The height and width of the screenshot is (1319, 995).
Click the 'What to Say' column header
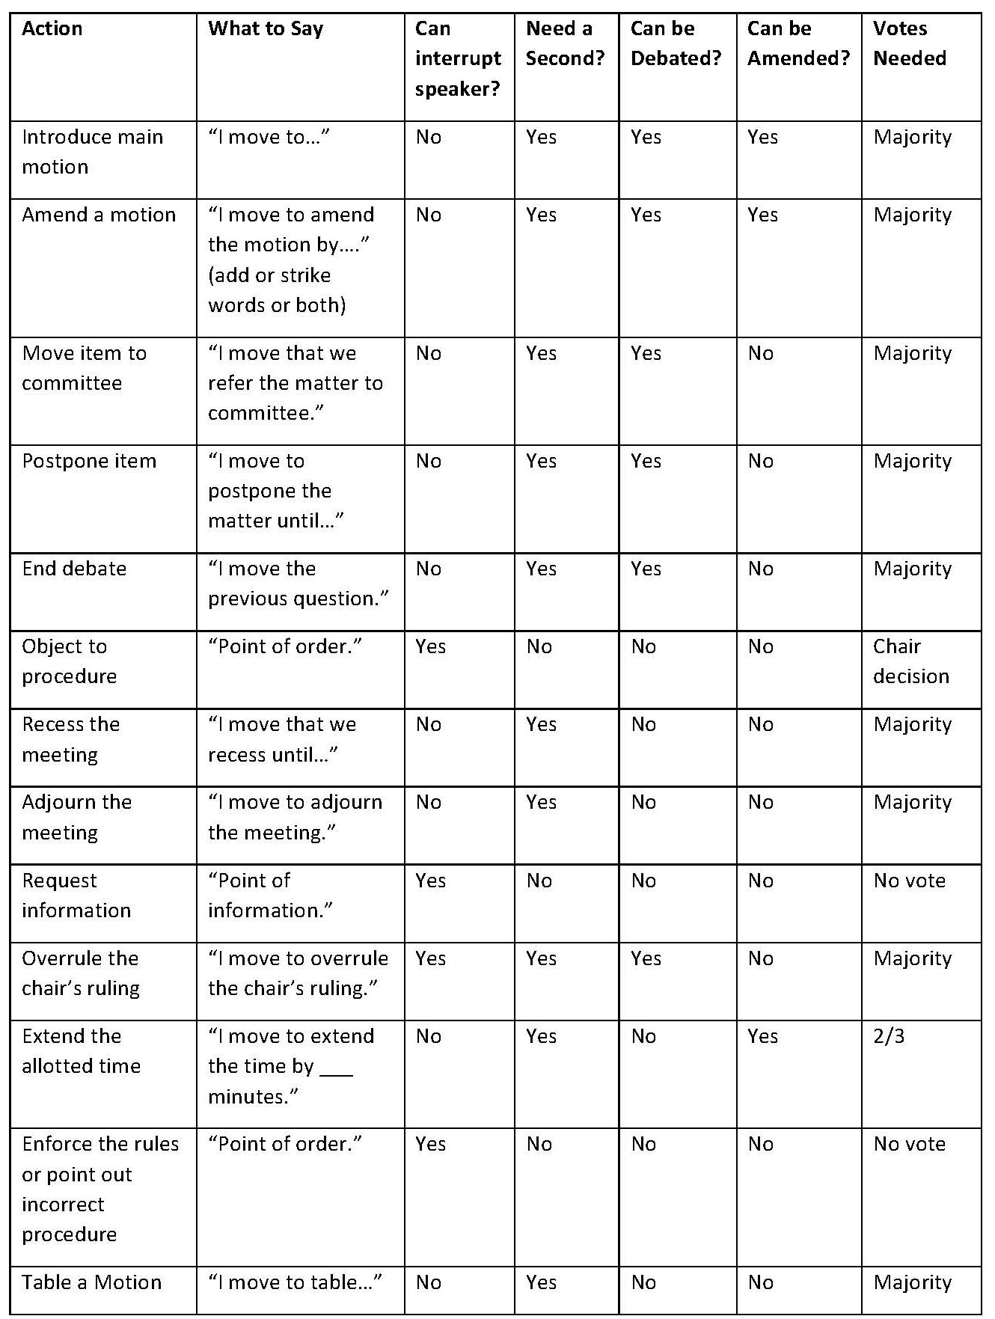[266, 29]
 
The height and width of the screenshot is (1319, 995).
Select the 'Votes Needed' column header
[909, 43]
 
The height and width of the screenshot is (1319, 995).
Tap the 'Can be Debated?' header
[676, 43]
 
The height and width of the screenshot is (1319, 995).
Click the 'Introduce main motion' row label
[92, 152]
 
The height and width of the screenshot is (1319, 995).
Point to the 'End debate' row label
[74, 569]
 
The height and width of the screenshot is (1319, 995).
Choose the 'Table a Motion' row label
[91, 1282]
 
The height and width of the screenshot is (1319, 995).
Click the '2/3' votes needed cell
[889, 1036]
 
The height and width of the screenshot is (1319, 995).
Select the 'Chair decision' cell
[910, 661]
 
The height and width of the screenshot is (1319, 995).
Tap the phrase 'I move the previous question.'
[298, 584]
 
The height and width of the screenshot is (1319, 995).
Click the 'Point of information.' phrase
[270, 895]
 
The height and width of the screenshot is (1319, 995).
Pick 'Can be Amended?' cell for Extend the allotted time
[762, 1036]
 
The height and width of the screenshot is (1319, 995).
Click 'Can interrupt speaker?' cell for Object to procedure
[430, 646]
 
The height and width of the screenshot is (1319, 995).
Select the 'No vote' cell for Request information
[909, 881]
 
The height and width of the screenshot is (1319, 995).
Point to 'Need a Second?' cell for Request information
[539, 881]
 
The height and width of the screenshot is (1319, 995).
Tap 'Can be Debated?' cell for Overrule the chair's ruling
[646, 958]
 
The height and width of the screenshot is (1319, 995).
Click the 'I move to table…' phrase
[295, 1282]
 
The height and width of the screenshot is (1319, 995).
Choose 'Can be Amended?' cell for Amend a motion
[762, 215]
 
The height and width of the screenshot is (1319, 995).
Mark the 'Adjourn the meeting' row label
[76, 817]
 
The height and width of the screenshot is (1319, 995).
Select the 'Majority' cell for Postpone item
[912, 461]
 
